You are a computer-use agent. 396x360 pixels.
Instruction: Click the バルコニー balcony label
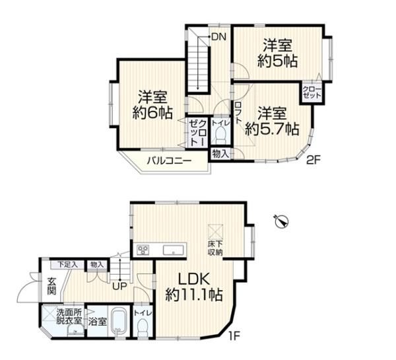pos(169,161)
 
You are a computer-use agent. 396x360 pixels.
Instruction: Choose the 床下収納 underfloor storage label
pos(215,248)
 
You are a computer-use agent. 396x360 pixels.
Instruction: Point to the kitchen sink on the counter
pos(174,250)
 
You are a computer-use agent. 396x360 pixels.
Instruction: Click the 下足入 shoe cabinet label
pos(67,264)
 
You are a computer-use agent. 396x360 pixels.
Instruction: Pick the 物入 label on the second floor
pos(220,154)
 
